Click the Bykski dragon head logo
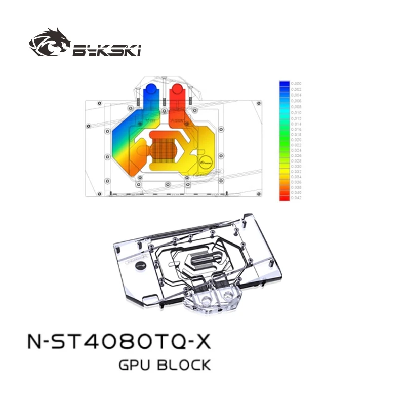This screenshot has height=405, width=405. coord(50,44)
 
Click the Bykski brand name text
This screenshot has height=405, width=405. coord(106,50)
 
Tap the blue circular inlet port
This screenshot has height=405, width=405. coord(150,91)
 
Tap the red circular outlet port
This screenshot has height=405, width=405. coord(178,91)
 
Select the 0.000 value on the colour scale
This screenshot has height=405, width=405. coord(297,83)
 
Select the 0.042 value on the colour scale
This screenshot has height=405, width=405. coord(297,198)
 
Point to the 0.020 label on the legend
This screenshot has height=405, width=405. coord(297,138)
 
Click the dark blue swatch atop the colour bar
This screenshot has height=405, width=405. coord(284,83)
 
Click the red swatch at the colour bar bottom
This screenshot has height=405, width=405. coord(284,198)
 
